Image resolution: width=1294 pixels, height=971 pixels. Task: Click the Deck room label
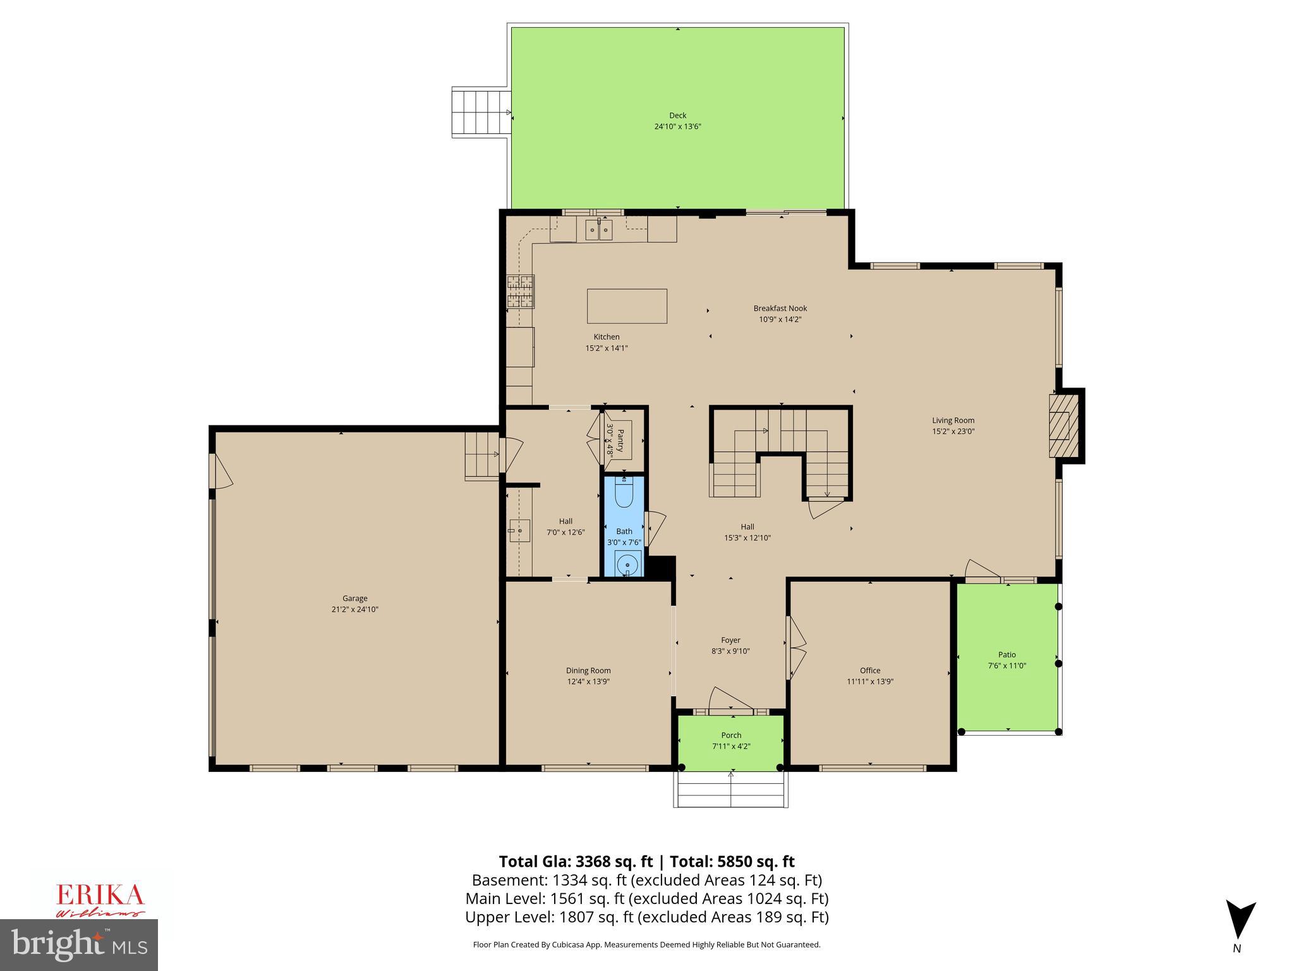pyautogui.click(x=677, y=116)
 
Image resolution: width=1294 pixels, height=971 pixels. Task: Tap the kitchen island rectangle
pyautogui.click(x=627, y=306)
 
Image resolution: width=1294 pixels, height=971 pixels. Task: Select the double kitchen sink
pyautogui.click(x=598, y=231)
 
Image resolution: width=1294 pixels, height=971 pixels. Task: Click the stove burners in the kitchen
pyautogui.click(x=521, y=291)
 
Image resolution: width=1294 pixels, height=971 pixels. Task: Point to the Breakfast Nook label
pyautogui.click(x=780, y=308)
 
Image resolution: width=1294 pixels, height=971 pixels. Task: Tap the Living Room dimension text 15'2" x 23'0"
pyautogui.click(x=953, y=431)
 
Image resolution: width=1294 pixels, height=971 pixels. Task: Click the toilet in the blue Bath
pyautogui.click(x=624, y=494)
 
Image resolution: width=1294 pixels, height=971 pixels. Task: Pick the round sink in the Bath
pyautogui.click(x=627, y=563)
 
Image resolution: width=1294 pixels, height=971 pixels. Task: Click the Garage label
pyautogui.click(x=355, y=598)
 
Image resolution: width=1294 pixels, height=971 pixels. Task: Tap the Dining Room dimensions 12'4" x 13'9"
pyautogui.click(x=588, y=681)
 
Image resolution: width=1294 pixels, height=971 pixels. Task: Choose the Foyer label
pyautogui.click(x=730, y=640)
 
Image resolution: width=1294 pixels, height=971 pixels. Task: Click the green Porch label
pyautogui.click(x=731, y=735)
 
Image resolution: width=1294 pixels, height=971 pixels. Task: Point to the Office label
pyautogui.click(x=869, y=670)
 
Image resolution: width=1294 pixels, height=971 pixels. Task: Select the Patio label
pyautogui.click(x=1007, y=654)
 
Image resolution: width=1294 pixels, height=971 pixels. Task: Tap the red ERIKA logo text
pyautogui.click(x=100, y=895)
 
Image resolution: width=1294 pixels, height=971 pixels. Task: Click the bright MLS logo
pyautogui.click(x=79, y=944)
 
